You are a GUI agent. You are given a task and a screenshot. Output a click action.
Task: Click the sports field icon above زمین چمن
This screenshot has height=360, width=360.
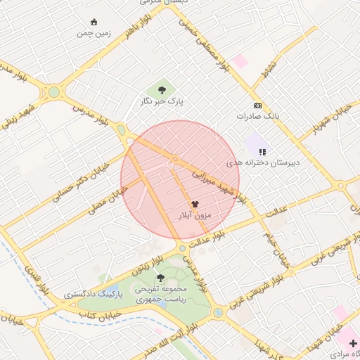click(95, 22)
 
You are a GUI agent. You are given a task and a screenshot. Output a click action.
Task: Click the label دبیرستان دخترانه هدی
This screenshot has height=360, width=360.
click(262, 162)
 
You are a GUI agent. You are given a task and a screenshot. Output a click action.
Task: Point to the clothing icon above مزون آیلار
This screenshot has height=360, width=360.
click(195, 204)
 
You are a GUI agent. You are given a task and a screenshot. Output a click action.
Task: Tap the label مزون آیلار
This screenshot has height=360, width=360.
click(195, 215)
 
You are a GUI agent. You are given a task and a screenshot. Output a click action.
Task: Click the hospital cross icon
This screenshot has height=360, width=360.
click(353, 342)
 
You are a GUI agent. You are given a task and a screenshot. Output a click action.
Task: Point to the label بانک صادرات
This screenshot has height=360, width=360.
click(258, 115)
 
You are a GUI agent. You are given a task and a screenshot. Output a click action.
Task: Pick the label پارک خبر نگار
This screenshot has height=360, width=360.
click(161, 102)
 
